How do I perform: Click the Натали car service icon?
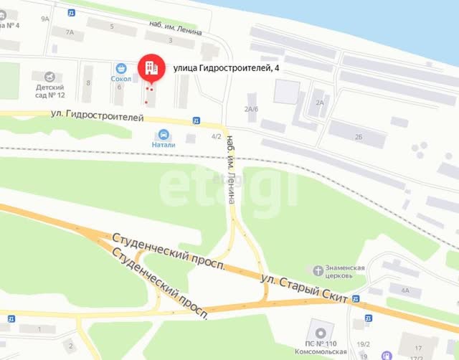(164, 133)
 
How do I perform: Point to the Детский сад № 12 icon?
(49, 77)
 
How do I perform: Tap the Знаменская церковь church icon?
(317, 270)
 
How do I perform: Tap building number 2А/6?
(250, 109)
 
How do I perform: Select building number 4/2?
(216, 136)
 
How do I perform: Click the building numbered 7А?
(69, 32)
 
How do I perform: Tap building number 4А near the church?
(405, 290)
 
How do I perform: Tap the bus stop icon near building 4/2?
(197, 120)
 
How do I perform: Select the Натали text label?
(163, 144)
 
